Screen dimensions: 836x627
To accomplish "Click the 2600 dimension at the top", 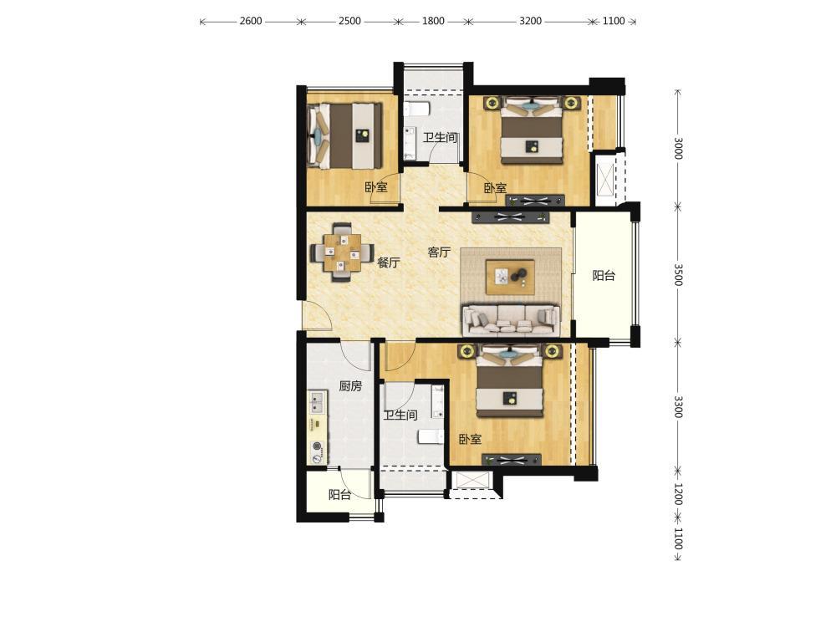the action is tap(251, 22).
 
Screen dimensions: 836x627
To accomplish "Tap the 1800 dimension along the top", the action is tap(433, 22).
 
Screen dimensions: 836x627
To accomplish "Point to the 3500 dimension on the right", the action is tap(678, 274).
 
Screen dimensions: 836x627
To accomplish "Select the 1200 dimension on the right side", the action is tap(678, 494).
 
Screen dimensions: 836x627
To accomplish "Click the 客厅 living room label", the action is tap(439, 252).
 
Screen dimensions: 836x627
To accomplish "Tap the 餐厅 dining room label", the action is tap(388, 263).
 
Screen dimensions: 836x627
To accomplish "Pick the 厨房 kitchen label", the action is tap(350, 386).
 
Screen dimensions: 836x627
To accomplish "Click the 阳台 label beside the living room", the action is tap(604, 276).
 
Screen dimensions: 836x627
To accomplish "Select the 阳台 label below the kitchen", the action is tap(339, 495).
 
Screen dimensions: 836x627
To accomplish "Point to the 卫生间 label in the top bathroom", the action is tap(440, 138).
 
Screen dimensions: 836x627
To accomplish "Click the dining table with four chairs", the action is tap(342, 252).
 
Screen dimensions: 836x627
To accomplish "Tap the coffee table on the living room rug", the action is tap(510, 277).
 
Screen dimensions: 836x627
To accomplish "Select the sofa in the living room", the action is tap(511, 319).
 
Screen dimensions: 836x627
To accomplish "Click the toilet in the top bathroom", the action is tap(416, 110).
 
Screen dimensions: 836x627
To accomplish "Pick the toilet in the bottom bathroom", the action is tap(431, 437).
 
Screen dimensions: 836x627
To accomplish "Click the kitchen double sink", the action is tap(317, 403).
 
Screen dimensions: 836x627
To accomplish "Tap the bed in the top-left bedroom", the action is tap(345, 135).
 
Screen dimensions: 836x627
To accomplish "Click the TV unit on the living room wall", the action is tap(510, 217).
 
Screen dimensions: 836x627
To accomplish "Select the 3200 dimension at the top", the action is tap(531, 22).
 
